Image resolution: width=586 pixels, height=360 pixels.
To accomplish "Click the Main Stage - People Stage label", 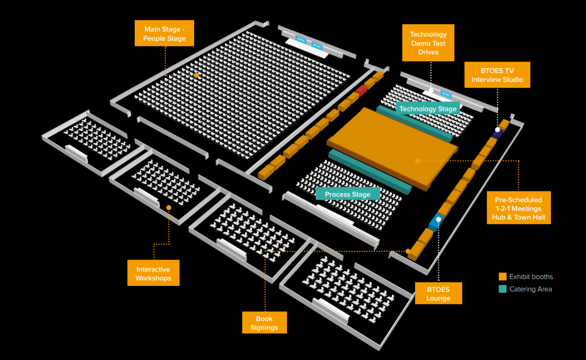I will pos(164,33).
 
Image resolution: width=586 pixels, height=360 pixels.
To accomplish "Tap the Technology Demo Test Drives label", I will pos(428,43).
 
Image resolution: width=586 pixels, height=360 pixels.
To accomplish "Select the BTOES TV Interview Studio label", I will pos(497,75).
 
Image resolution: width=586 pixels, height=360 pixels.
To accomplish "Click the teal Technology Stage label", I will pos(428,109).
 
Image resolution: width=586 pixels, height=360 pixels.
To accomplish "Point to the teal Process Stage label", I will pos(347,194).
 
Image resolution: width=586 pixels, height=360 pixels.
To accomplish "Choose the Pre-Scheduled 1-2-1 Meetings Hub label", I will pos(518,208).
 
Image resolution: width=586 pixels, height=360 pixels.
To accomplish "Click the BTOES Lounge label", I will pos(438,293).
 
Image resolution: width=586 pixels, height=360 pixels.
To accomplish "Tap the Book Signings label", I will pos(265,323).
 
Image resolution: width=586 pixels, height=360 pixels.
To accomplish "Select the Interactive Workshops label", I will pos(153,273).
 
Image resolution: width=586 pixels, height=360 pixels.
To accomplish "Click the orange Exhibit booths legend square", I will pos(502,277).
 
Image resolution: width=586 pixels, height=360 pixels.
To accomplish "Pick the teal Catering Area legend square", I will pos(502,289).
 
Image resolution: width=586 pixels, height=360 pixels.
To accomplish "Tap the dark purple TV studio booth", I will pos(497,133).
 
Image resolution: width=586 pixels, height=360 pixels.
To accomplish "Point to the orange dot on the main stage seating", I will pos(196,75).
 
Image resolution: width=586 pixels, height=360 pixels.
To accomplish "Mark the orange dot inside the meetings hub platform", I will pos(417,161).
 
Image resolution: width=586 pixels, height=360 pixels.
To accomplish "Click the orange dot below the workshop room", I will pos(169,208).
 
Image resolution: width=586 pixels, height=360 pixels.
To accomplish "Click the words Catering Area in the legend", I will pos(530,289).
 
